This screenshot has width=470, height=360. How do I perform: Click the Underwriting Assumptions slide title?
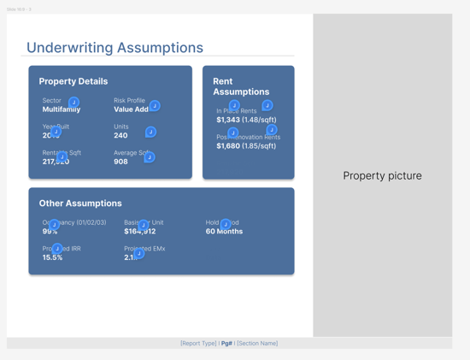pyautogui.click(x=115, y=48)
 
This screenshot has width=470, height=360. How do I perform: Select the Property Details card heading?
pyautogui.click(x=73, y=81)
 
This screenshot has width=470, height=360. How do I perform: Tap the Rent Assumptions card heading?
pyautogui.click(x=241, y=86)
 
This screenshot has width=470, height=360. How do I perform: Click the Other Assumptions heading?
pyautogui.click(x=80, y=204)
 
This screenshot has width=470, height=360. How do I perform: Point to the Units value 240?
pyautogui.click(x=120, y=135)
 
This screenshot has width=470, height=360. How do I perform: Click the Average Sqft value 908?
pyautogui.click(x=120, y=162)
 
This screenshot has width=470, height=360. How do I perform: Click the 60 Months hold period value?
pyautogui.click(x=224, y=232)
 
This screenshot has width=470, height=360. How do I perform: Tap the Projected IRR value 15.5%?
pyautogui.click(x=53, y=257)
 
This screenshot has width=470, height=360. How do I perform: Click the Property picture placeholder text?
pyautogui.click(x=382, y=175)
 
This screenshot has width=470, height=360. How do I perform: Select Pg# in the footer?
pyautogui.click(x=227, y=343)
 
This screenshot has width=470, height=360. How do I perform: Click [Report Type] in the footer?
pyautogui.click(x=198, y=343)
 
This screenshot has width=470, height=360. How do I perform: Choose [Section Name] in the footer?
pyautogui.click(x=257, y=343)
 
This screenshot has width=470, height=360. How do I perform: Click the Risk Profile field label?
pyautogui.click(x=129, y=100)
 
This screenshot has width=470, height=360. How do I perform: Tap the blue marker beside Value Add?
pyautogui.click(x=155, y=106)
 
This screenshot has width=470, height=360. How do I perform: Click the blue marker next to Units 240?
pyautogui.click(x=150, y=132)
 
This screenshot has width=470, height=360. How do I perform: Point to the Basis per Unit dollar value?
pyautogui.click(x=139, y=232)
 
